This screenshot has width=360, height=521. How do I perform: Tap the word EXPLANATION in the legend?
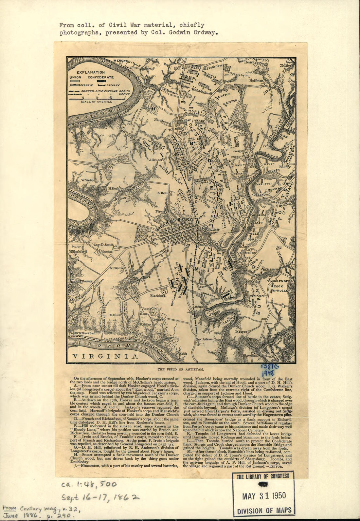tap(91, 72)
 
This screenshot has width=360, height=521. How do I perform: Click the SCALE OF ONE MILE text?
tap(97, 102)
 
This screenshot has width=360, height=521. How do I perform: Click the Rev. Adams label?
tap(204, 339)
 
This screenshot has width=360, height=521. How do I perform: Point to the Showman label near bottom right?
tap(250, 355)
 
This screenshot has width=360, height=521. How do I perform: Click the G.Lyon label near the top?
tap(243, 75)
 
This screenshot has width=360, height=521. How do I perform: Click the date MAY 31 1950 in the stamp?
tap(264, 496)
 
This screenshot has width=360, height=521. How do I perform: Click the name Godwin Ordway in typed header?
tap(194, 32)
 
